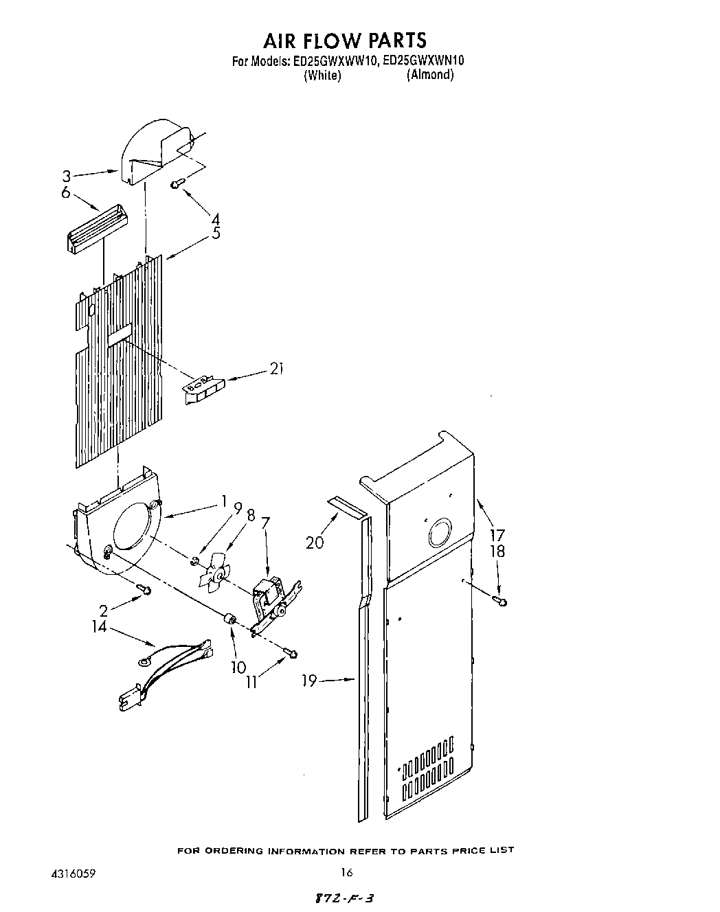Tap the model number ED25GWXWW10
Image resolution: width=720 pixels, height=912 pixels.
point(335,61)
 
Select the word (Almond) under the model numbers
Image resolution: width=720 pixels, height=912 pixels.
point(429,75)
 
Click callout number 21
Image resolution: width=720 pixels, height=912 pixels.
point(276,369)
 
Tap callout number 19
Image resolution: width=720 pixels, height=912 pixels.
point(310,681)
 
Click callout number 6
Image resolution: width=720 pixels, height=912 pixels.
point(66,192)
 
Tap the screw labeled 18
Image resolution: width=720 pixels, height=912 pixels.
point(502,602)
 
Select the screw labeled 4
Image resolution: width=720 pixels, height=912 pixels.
point(177,183)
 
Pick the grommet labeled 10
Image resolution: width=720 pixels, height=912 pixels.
point(230,621)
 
